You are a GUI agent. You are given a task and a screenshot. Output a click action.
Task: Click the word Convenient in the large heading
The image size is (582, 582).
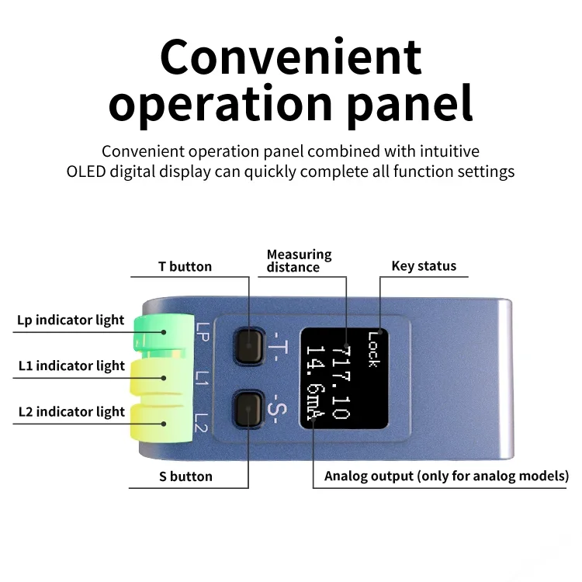click(291, 57)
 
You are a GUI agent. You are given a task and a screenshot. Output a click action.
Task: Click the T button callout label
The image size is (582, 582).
click(185, 266)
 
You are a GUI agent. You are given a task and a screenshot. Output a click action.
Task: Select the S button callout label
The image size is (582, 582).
click(185, 476)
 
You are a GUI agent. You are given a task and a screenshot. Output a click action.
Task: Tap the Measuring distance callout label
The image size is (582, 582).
click(299, 261)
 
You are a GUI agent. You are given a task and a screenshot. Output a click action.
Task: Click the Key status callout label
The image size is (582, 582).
click(424, 266)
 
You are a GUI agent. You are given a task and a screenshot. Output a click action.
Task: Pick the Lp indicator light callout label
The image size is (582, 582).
click(71, 320)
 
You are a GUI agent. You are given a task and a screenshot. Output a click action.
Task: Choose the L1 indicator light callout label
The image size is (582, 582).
click(71, 365)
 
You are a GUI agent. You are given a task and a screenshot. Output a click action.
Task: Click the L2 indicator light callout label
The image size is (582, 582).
click(71, 411)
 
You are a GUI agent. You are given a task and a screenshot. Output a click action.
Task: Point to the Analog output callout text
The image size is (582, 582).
click(446, 476)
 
